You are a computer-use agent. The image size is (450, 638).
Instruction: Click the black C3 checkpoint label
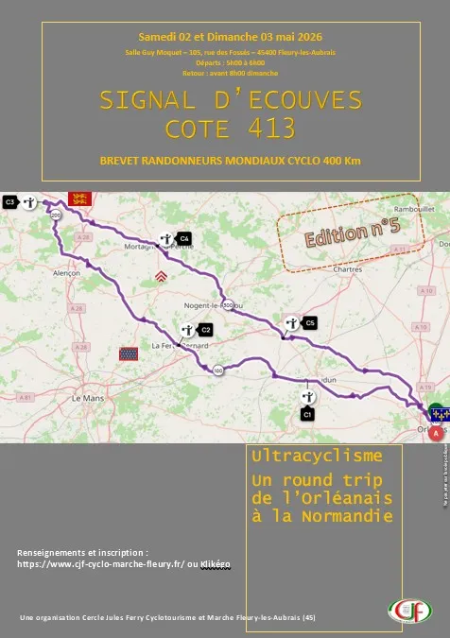pos(10,201)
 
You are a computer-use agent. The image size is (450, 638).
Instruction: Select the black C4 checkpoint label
pos(184,238)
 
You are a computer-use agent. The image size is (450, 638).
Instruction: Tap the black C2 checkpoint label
pos(205,329)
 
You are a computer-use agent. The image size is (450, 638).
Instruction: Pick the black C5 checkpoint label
pos(310,323)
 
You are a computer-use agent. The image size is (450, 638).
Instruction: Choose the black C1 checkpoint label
pos(307,414)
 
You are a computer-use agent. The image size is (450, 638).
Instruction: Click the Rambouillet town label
pos(413,210)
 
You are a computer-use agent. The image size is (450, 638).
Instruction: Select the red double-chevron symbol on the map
pos(162,277)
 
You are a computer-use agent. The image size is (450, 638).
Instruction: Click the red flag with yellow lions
pos(78,199)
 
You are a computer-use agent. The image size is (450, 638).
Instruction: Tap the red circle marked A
pos(435,433)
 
